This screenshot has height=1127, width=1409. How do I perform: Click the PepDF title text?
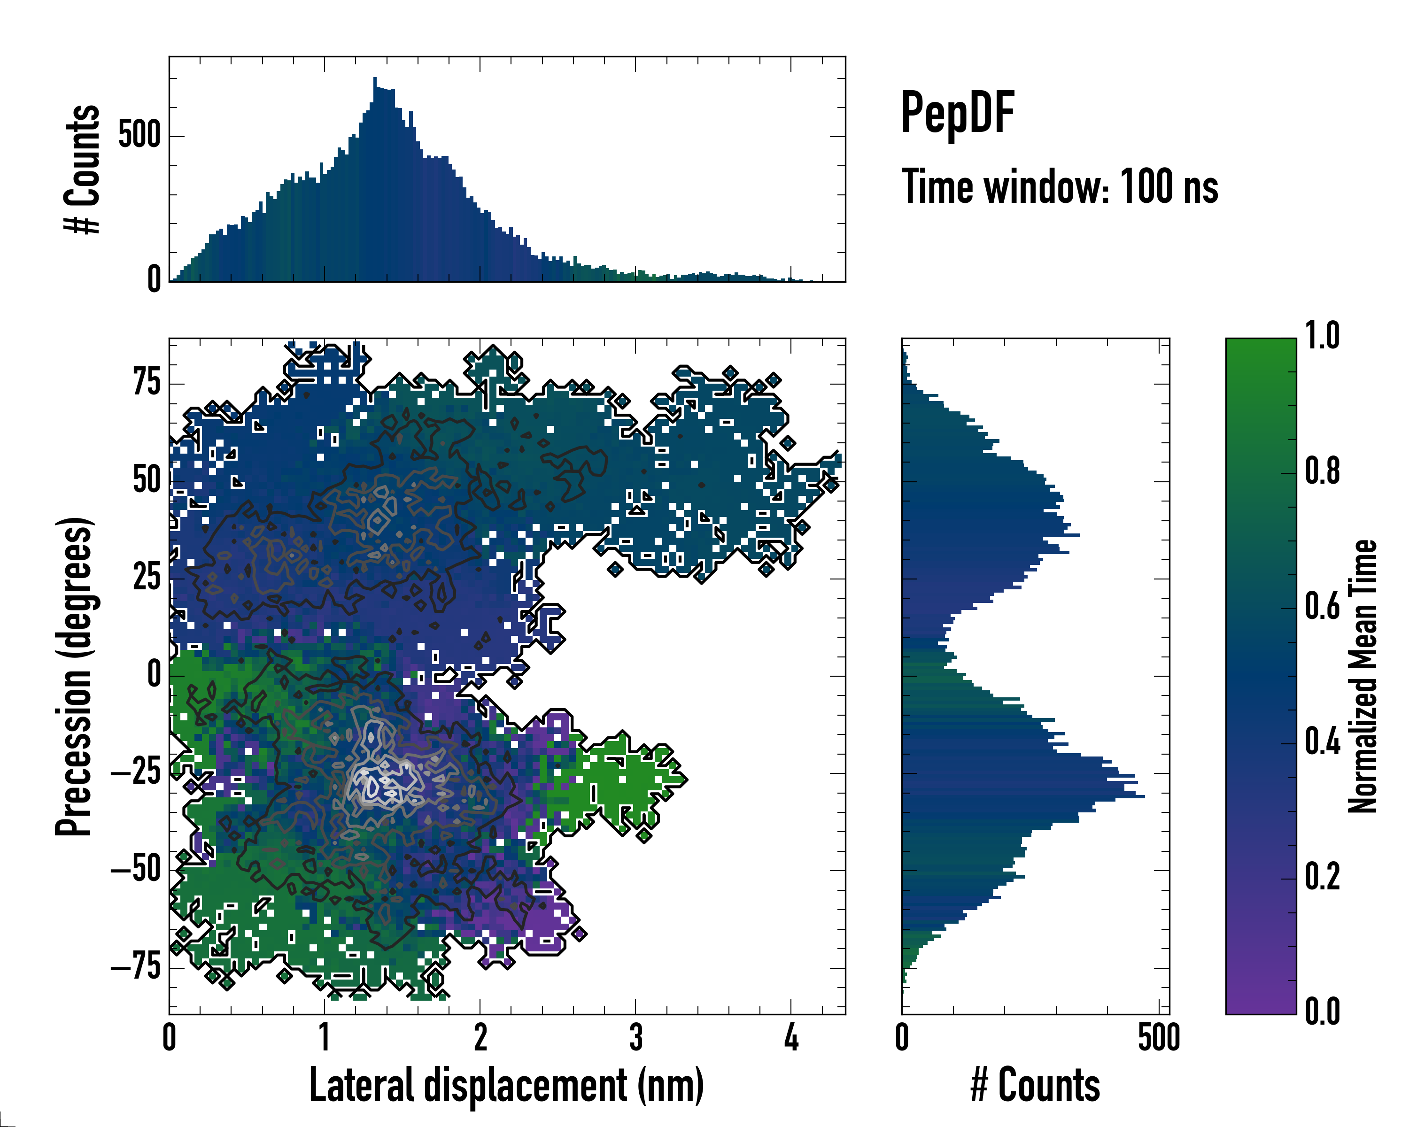957,113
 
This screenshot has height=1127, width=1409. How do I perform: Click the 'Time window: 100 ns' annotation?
1060,187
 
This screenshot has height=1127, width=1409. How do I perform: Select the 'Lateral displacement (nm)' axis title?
506,1085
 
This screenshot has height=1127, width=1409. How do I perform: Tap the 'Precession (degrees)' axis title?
74,676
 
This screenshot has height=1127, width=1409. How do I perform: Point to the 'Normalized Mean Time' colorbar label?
1362,676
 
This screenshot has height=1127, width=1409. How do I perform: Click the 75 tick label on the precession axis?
147,382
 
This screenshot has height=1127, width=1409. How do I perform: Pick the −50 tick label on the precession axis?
136,870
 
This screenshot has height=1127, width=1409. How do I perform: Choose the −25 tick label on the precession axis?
136,772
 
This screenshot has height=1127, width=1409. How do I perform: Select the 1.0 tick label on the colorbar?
1322,336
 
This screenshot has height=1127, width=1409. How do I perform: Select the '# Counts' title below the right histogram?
1035,1085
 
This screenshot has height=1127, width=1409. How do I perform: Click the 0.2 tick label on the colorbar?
1322,876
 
